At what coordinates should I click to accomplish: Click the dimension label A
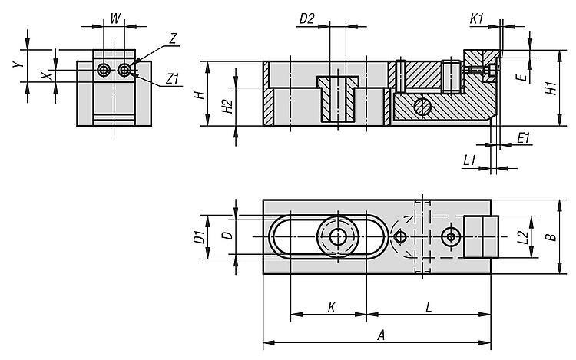pyautogui.click(x=380, y=334)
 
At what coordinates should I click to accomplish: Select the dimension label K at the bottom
pyautogui.click(x=332, y=306)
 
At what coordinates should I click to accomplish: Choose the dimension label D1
pyautogui.click(x=197, y=238)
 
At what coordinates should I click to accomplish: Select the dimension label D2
pyautogui.click(x=307, y=18)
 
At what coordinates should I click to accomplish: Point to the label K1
pyautogui.click(x=476, y=18)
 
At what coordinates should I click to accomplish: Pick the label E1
pyautogui.click(x=524, y=138)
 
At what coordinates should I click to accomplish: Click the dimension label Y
pyautogui.click(x=16, y=66)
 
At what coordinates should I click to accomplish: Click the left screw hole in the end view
pyautogui.click(x=104, y=71)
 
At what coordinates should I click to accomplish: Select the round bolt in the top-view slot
pyautogui.click(x=337, y=237)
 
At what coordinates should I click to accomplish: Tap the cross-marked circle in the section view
pyautogui.click(x=421, y=107)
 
